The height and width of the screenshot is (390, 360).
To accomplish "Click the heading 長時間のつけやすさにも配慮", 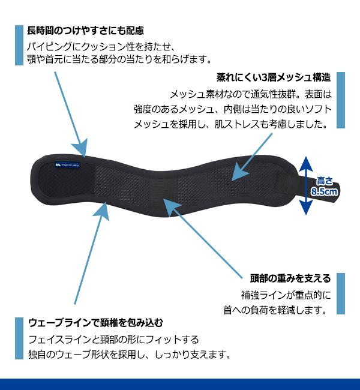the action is point(85,31).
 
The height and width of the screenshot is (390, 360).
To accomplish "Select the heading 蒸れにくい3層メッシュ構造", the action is point(274,77).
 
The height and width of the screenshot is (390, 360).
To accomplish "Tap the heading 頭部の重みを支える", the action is point(290,278).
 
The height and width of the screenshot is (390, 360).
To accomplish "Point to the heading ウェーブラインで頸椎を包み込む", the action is point(96,323).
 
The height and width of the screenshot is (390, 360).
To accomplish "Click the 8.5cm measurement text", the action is point(324,192).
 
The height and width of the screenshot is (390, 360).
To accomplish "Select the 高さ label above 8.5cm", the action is point(325,181).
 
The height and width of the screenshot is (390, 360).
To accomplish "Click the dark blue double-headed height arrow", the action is point(305,185).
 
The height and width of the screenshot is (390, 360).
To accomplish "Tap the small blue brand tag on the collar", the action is point(67,164).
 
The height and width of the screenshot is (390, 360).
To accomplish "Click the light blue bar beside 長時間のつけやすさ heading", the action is point(19,45).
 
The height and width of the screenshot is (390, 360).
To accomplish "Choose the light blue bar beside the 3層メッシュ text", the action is point(341,100).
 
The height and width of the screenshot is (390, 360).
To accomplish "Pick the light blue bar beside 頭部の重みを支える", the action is point(341,294).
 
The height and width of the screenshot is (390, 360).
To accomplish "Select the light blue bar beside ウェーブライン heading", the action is point(19,338).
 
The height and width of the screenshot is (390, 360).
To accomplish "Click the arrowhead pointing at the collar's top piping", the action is point(81,148).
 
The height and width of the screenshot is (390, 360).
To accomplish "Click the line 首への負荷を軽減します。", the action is point(275,310).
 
